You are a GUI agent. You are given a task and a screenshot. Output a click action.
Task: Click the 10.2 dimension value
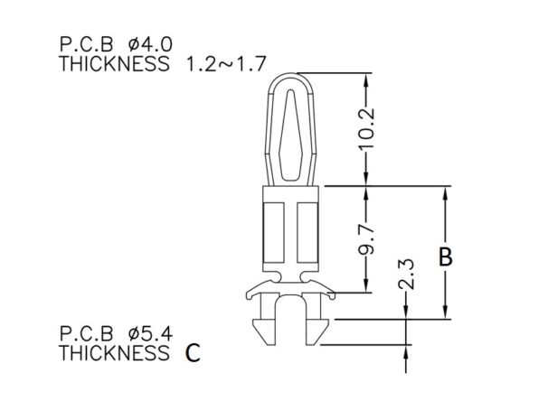click(x=366, y=128)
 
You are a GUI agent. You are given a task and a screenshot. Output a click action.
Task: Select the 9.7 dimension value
click(x=366, y=239)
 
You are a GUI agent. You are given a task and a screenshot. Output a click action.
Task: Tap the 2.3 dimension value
click(x=406, y=275)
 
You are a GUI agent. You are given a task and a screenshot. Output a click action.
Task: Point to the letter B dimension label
click(x=446, y=256)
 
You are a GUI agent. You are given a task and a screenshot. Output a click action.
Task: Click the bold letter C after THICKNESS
click(x=193, y=353)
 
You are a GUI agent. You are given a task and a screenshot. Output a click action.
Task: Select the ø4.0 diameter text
click(x=150, y=45)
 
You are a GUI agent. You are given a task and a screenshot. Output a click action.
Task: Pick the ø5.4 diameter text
click(x=150, y=333)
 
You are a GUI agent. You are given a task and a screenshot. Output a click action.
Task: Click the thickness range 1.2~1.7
click(x=226, y=64)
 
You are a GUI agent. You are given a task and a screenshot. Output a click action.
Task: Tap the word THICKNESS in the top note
click(x=114, y=64)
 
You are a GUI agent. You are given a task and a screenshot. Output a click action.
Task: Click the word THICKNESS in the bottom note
click(x=114, y=353)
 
